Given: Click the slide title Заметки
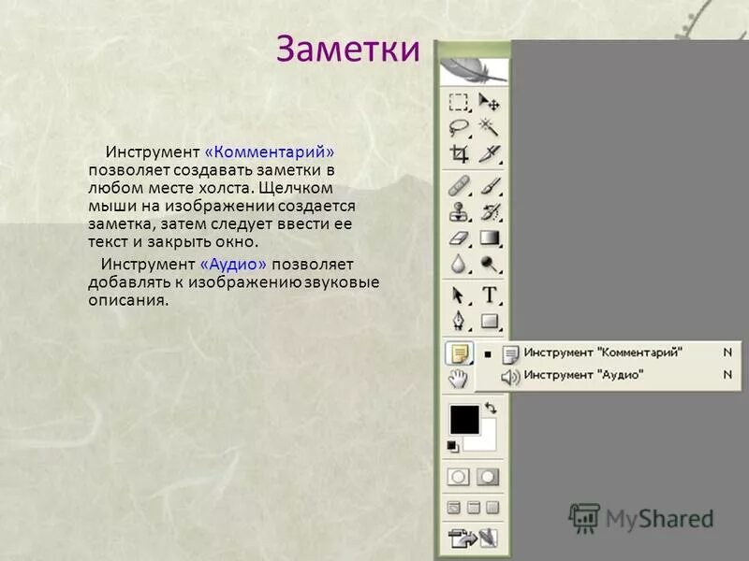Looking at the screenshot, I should point(348,49).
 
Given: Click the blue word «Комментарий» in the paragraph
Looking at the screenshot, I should point(269,151).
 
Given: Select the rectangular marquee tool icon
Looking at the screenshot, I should point(459,102).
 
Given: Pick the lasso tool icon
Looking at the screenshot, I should point(459,127).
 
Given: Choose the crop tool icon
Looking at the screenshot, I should point(459,153).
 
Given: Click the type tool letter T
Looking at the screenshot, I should point(490,296).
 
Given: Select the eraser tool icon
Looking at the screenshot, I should point(459,237).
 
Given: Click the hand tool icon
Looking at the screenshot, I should point(459,378).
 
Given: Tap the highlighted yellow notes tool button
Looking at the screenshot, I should point(459,353).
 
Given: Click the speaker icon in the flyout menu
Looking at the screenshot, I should point(510,376).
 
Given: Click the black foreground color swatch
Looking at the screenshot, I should point(463,420).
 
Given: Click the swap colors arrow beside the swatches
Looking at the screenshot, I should point(491,410).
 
